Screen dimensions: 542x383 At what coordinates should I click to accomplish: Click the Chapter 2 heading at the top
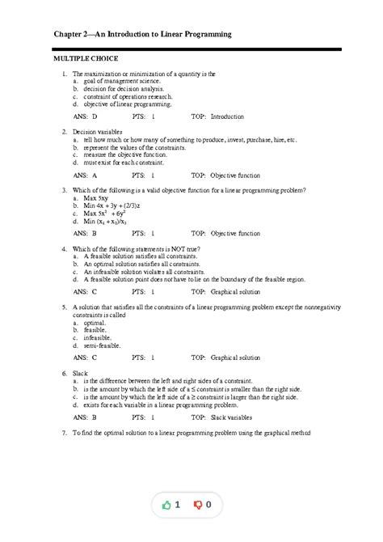coord(142,35)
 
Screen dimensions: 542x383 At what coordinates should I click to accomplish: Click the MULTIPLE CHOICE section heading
coord(86,59)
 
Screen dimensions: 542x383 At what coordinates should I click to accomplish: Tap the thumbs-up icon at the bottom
coord(167,506)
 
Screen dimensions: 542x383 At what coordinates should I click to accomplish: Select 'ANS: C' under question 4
coord(84,291)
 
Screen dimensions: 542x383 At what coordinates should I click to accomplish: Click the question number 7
coord(63,434)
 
